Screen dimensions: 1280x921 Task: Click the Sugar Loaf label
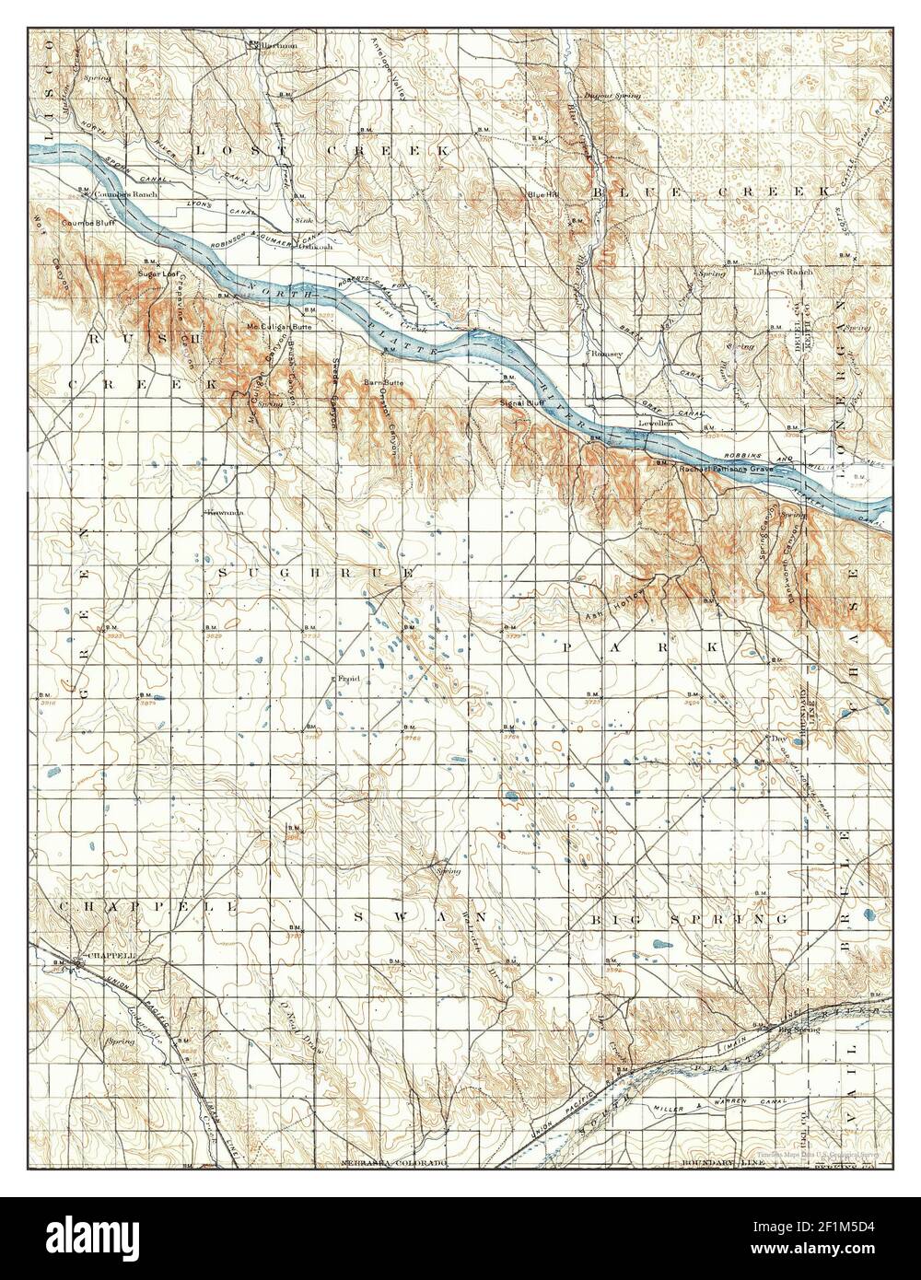click(x=157, y=274)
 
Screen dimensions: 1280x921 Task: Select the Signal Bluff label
click(x=519, y=403)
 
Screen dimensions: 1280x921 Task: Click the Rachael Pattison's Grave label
click(x=723, y=468)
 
